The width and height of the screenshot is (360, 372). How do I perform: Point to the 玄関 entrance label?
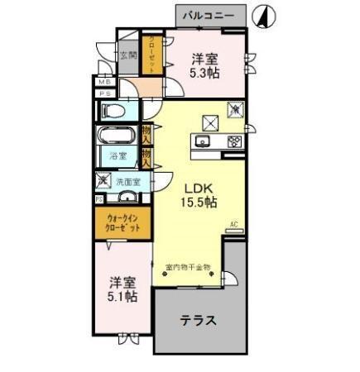pos(127,55)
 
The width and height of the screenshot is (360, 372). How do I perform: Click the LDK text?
pos(195,186)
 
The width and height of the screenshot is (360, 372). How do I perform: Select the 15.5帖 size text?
pos(199,202)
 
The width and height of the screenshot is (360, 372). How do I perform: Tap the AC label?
pos(233,224)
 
